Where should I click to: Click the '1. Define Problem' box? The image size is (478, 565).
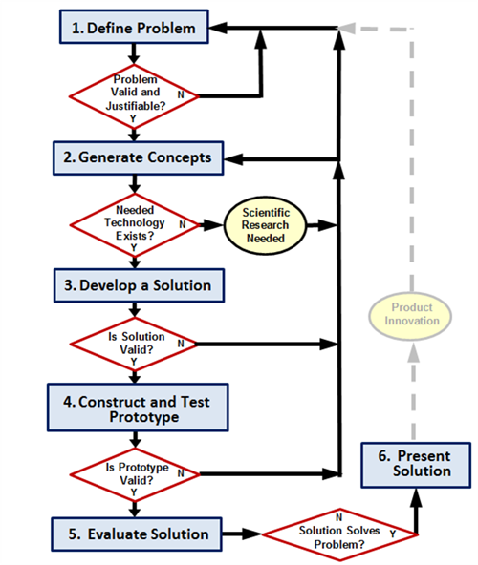[134, 27]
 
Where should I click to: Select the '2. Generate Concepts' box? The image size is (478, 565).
[139, 158]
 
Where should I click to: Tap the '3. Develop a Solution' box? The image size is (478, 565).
[139, 285]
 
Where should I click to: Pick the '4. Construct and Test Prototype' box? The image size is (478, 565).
[138, 408]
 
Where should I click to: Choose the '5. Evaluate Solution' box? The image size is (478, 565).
[137, 534]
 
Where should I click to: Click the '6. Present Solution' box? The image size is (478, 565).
[416, 465]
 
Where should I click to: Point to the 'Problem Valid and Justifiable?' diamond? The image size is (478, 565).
[134, 96]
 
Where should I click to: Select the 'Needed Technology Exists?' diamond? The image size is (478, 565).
[135, 225]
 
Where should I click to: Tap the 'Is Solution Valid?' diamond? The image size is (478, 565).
[134, 345]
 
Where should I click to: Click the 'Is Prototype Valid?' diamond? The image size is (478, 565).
[135, 474]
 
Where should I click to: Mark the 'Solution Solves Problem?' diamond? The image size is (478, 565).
[339, 534]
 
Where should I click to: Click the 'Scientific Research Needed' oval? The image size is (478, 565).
[266, 225]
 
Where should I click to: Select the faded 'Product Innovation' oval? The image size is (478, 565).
[410, 316]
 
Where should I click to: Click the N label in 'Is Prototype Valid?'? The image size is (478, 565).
[181, 473]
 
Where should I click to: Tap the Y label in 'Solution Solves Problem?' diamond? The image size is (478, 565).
[393, 534]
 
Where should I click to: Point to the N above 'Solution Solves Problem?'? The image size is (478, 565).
[338, 517]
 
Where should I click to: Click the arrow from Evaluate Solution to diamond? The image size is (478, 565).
[242, 534]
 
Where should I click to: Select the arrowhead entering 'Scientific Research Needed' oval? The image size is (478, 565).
[213, 225]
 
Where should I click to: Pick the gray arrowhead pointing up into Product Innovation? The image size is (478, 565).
[414, 351]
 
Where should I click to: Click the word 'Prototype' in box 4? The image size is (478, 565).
[144, 417]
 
